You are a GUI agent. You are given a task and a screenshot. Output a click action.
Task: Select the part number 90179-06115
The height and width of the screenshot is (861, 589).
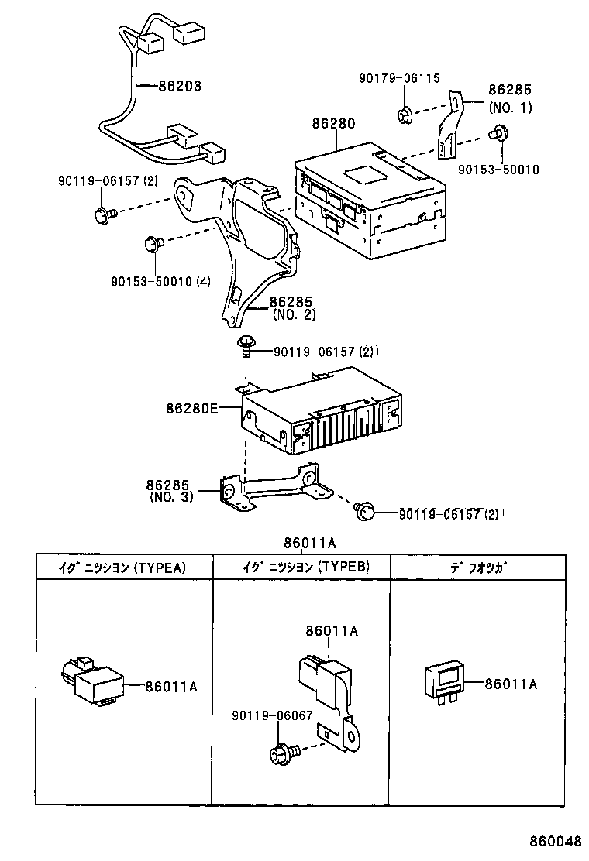399,78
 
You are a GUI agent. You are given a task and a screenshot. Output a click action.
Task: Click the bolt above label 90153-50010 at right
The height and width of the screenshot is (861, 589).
499,134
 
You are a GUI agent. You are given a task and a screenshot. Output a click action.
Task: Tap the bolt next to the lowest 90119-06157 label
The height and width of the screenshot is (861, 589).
366,510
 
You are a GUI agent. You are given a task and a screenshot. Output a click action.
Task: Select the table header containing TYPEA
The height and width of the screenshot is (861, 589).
122,567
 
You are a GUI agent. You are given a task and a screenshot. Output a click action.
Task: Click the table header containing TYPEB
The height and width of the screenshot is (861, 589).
301,567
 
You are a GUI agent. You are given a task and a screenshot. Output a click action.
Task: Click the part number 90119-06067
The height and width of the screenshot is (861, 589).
271,715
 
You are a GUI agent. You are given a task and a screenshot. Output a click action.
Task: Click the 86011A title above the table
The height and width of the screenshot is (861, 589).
308,543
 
